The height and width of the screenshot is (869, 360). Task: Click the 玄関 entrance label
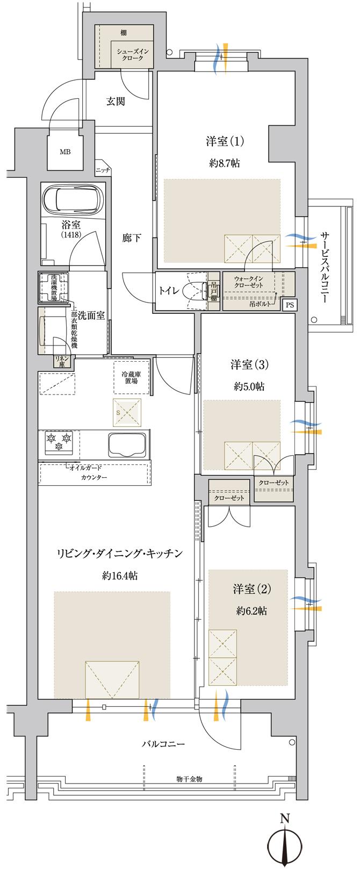(x=116, y=101)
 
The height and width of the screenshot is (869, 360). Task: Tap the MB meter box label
(x=65, y=152)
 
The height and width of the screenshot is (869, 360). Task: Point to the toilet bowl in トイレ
(x=192, y=290)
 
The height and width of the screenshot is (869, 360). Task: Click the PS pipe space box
(x=290, y=305)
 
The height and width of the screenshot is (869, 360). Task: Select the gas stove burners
(x=59, y=440)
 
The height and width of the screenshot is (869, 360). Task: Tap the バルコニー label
(x=163, y=744)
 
